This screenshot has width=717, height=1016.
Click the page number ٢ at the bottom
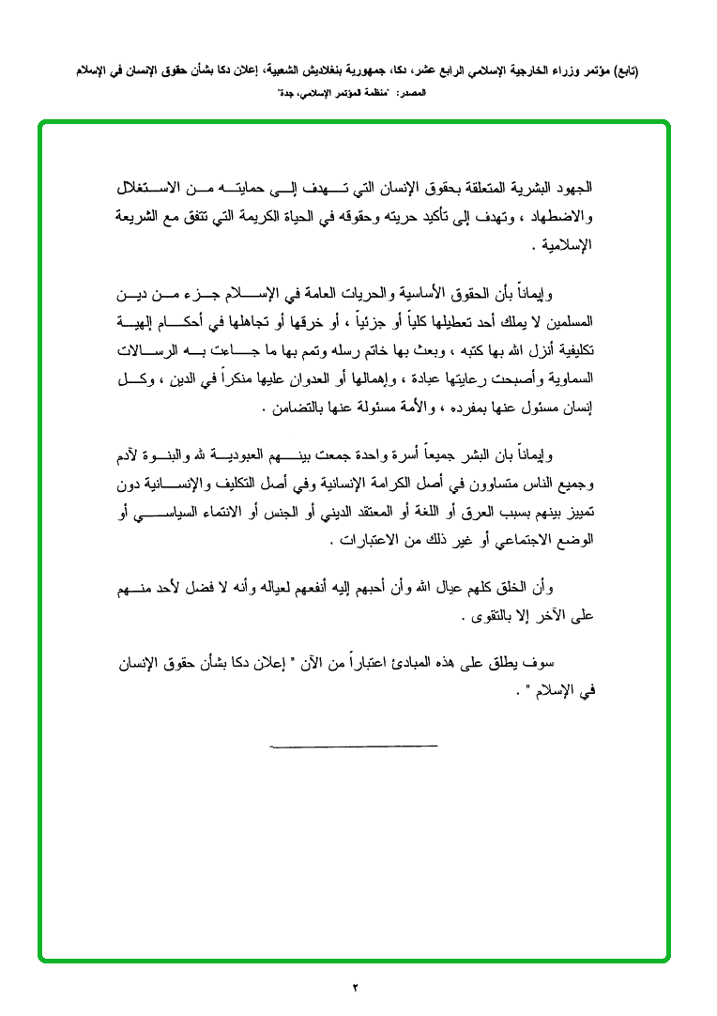point(357,986)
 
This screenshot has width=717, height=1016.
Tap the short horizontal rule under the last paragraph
point(354,746)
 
